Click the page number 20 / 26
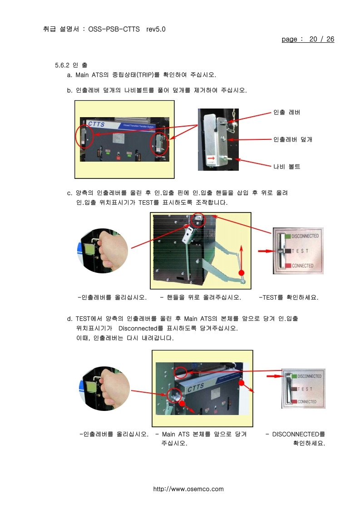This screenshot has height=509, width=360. pyautogui.click(x=321, y=40)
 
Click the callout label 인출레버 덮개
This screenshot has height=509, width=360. pyautogui.click(x=292, y=139)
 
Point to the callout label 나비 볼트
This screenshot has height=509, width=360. pyautogui.click(x=286, y=167)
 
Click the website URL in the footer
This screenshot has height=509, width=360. pyautogui.click(x=188, y=489)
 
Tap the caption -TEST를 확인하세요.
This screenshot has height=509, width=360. pyautogui.click(x=288, y=298)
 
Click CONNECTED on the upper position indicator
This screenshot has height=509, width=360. pyautogui.click(x=302, y=266)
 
